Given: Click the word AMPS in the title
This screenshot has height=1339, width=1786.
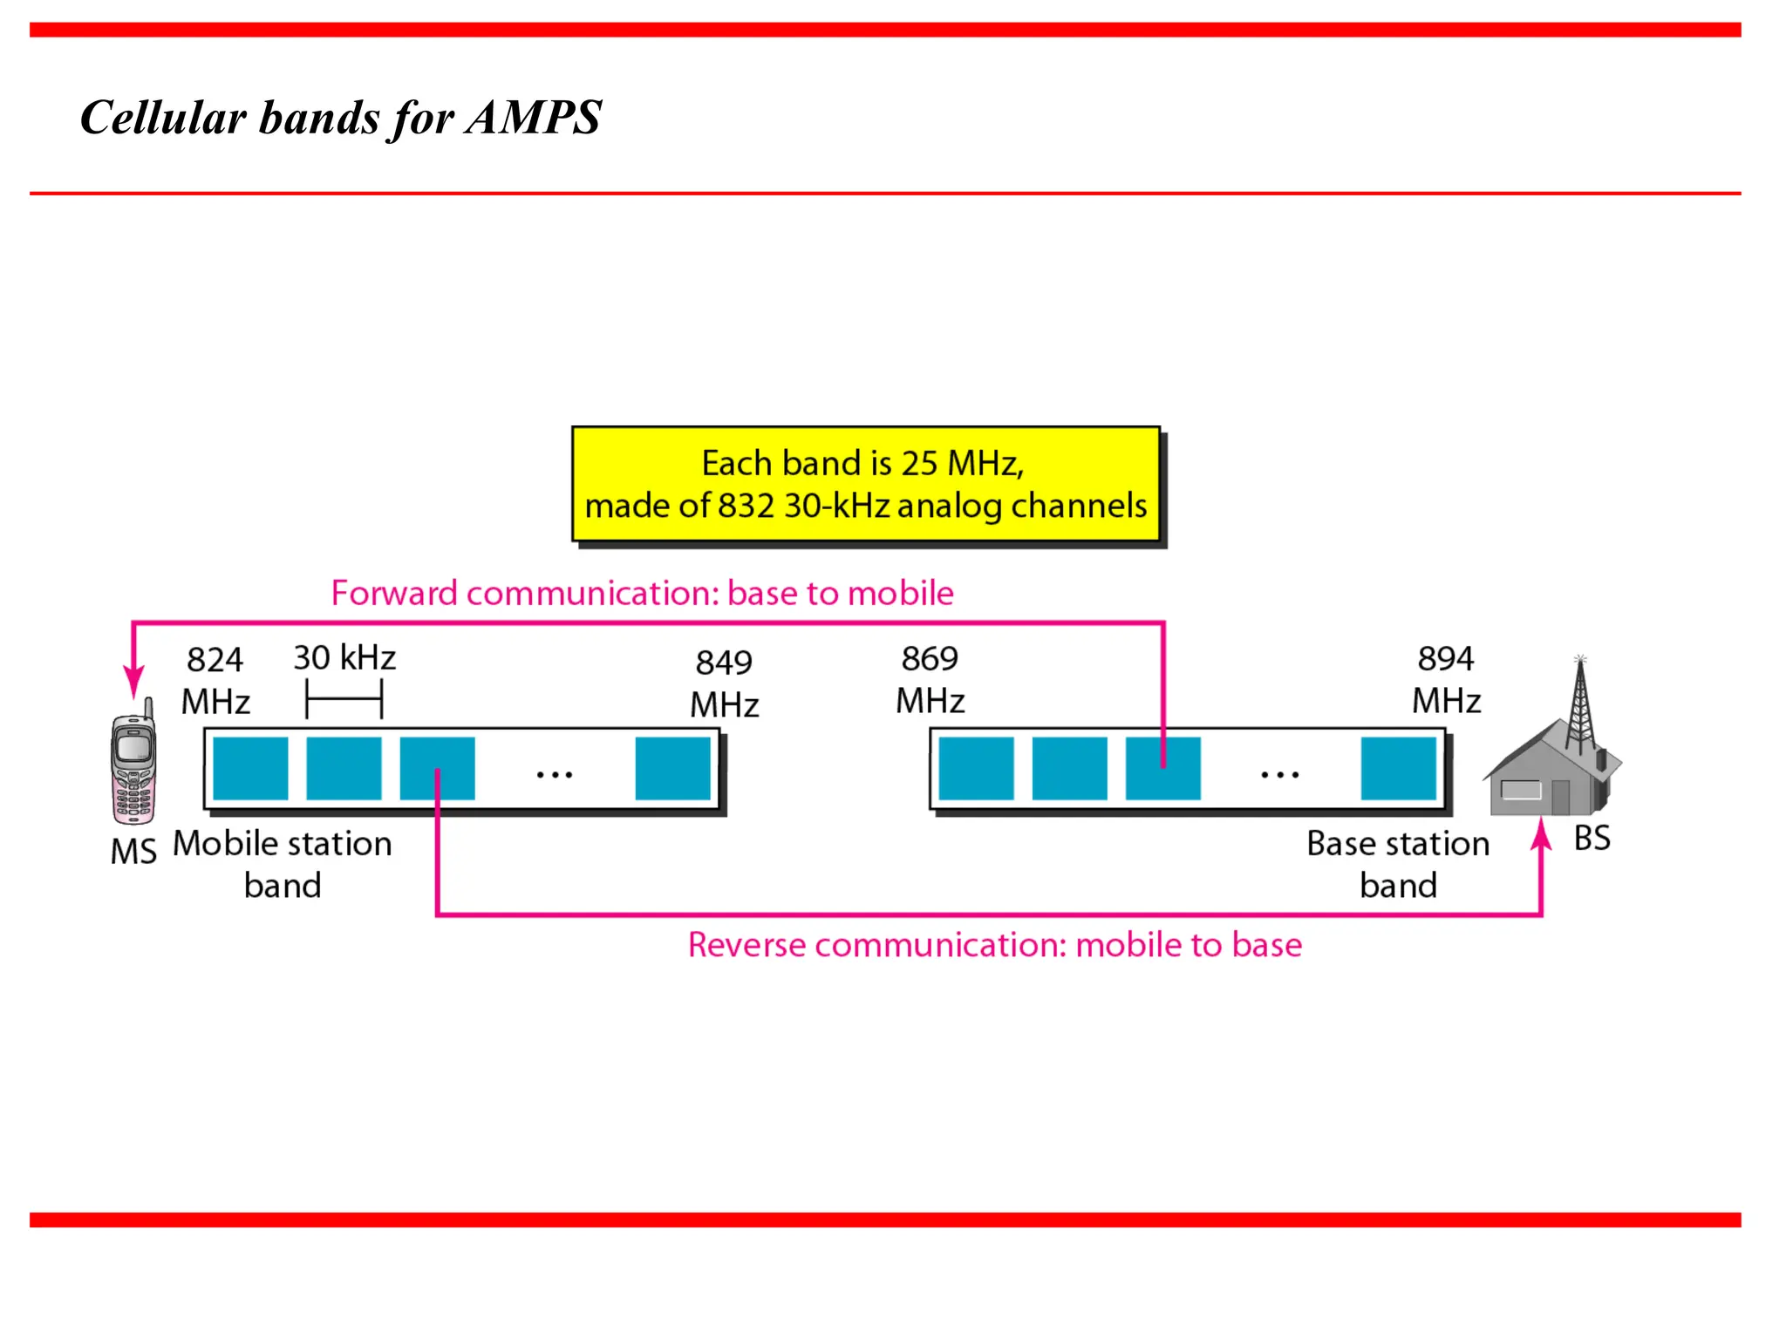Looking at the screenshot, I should coord(533,117).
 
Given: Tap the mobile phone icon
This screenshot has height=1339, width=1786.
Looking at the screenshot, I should coord(133,766).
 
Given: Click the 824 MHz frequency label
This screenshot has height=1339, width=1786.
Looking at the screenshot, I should coord(215,681).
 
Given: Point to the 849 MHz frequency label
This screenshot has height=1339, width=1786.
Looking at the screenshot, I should coord(724,683).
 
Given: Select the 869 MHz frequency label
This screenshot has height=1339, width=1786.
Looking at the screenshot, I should coord(930,680).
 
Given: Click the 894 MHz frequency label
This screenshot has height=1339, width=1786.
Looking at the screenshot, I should coord(1446,680).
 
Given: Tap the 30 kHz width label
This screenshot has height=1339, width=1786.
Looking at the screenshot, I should coord(344,658).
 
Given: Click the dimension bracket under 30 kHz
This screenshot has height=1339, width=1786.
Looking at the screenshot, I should coord(344,699).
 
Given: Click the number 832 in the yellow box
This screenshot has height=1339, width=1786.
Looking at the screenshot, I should coord(746,506).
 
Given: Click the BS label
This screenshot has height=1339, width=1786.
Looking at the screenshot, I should coord(1592,839).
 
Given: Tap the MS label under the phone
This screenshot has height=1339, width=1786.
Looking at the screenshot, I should coord(133,852).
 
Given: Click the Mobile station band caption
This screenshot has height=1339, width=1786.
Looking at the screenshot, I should coord(283,864).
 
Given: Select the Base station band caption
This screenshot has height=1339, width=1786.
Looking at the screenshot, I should coord(1398,864).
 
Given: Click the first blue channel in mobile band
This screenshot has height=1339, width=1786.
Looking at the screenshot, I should coord(250,768).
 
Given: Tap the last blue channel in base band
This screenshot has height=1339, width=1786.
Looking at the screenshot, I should coord(1398,768).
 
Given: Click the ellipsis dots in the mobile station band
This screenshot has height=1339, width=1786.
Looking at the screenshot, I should coord(555,774).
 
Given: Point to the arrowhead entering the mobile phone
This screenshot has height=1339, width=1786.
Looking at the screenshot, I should coord(133,682).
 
